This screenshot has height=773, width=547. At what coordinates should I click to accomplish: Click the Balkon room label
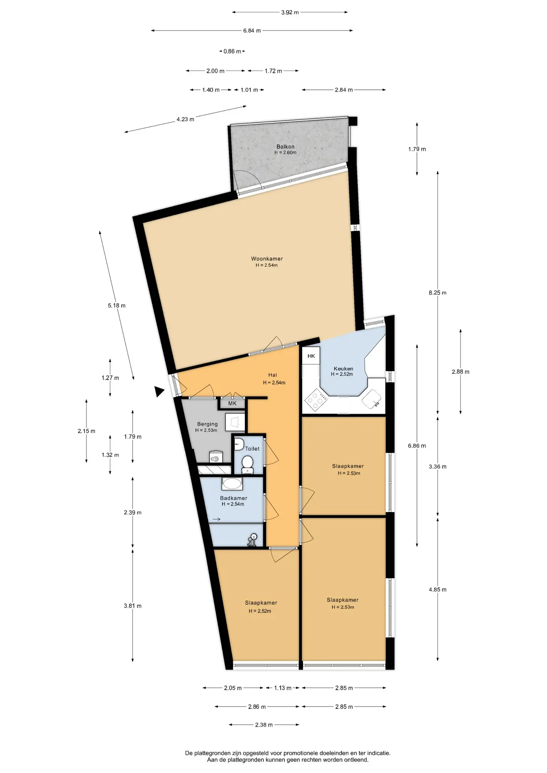[285, 147]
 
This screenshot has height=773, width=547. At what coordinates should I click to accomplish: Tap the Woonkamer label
[267, 259]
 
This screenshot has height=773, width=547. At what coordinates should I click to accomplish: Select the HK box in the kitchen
[311, 356]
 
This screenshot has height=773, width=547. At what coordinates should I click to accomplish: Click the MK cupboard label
[232, 403]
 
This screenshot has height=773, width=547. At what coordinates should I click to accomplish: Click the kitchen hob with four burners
[316, 400]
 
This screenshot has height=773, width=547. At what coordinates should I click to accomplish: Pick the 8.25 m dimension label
[437, 293]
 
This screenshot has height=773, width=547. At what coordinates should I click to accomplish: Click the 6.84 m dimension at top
[252, 31]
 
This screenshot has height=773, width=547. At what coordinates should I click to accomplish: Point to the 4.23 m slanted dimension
[185, 119]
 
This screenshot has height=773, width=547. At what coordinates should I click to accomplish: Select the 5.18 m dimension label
[116, 306]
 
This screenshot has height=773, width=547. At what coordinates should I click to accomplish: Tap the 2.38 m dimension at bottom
[264, 725]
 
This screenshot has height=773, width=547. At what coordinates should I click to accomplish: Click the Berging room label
[207, 424]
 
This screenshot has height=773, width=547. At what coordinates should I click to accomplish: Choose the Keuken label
[344, 368]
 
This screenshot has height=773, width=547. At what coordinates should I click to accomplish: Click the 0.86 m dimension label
[232, 51]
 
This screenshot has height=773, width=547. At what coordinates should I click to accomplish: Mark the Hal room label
[273, 375]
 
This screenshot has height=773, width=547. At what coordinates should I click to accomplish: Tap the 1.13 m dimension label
[283, 688]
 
